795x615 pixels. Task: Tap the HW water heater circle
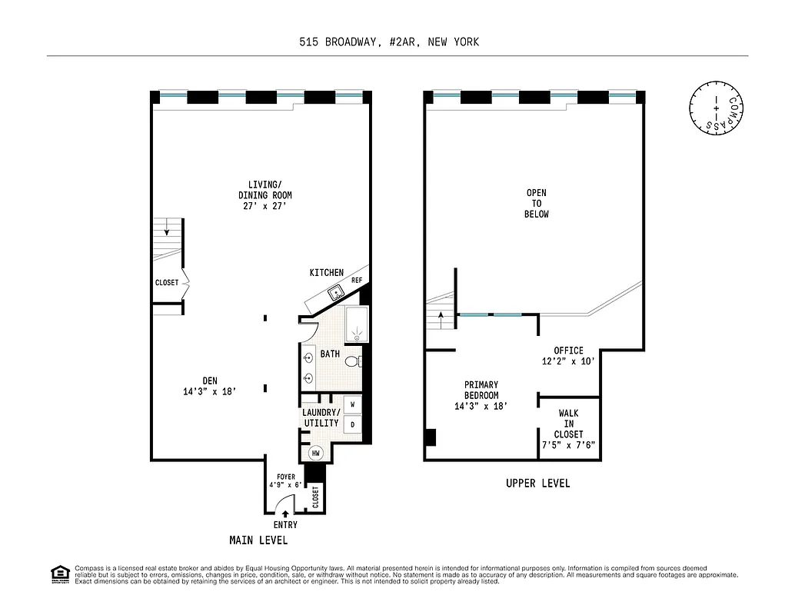[x=316, y=454]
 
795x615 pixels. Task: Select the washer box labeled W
[x=353, y=404]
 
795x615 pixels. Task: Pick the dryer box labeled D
[x=353, y=424]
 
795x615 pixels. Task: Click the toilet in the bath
[x=352, y=361]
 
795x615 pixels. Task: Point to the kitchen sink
[x=335, y=292]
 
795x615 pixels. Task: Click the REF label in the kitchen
[x=357, y=281]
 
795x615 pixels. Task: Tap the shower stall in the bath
[x=356, y=324]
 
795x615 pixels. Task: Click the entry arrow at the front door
[x=285, y=513]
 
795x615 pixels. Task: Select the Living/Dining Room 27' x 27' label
[x=264, y=195]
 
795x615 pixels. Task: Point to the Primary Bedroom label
[x=481, y=395]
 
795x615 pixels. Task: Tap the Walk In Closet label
[x=569, y=429]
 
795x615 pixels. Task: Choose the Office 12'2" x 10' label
[x=568, y=356]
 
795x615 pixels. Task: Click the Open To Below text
[x=537, y=203]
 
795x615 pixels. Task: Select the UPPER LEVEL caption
[x=537, y=484]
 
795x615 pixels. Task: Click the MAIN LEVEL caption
[x=258, y=540]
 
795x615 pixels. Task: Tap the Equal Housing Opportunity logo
[x=59, y=574]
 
